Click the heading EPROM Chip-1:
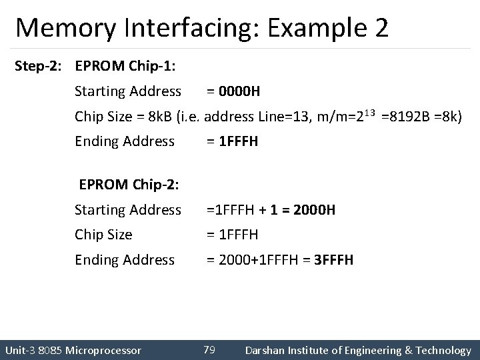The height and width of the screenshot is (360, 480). (125, 66)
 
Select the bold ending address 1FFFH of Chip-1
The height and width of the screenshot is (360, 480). (237, 141)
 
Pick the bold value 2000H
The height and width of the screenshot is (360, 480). (313, 210)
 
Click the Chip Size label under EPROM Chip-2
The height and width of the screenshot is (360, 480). (103, 235)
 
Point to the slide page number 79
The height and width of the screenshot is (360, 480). (209, 349)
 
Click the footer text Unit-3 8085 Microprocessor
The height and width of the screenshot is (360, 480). (73, 350)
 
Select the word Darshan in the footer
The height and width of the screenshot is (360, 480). (267, 350)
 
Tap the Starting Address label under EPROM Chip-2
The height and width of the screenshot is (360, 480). (127, 210)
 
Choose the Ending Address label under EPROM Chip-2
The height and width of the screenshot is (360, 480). (125, 259)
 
